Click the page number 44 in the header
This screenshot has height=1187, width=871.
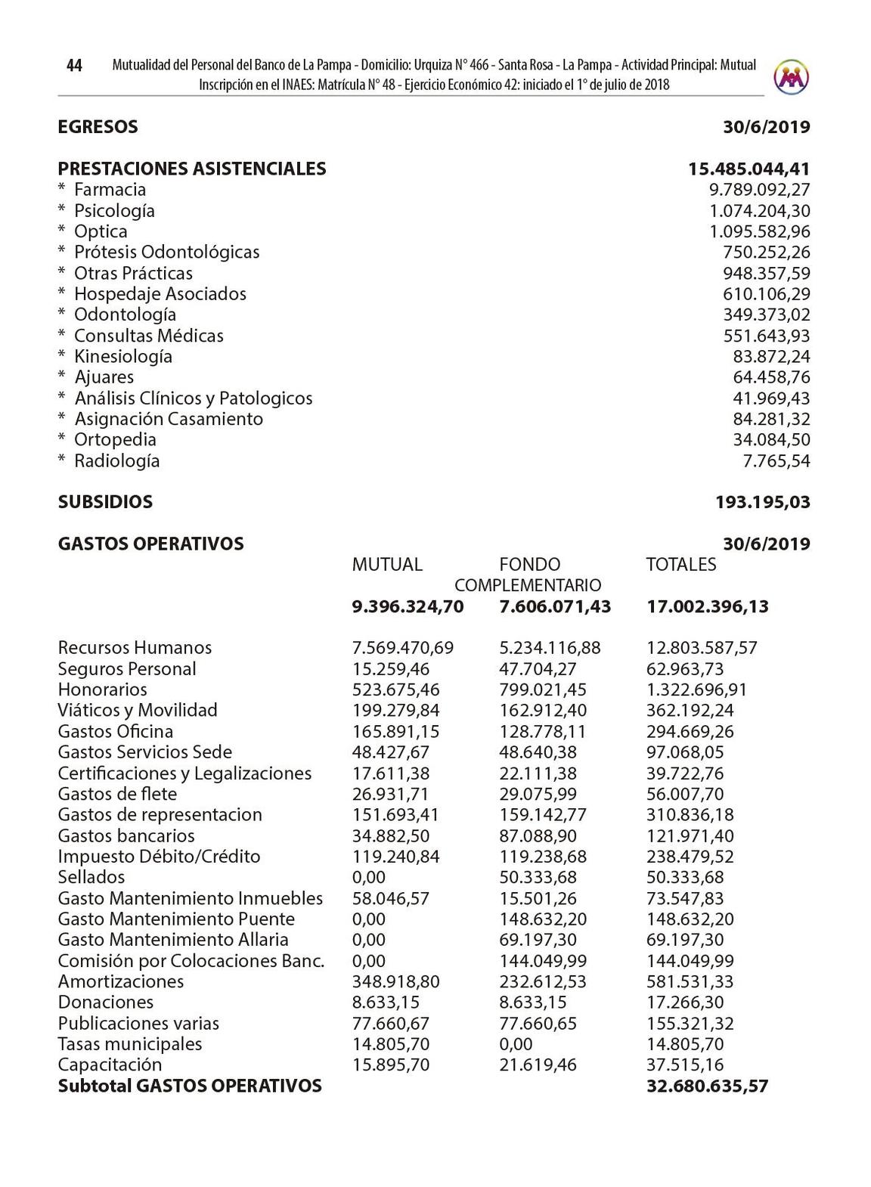(74, 66)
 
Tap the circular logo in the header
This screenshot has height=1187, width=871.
(792, 76)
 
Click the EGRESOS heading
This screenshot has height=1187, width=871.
(98, 127)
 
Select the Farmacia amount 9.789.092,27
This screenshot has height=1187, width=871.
(759, 190)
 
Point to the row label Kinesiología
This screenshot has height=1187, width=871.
(122, 357)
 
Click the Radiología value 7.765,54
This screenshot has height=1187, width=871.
(776, 461)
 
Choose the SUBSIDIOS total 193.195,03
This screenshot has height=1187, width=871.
(762, 502)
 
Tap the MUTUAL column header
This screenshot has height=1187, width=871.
(387, 565)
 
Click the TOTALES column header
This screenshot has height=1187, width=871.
(680, 565)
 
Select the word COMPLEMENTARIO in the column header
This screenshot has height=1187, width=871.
(528, 586)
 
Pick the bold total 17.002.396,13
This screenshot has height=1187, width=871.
(707, 606)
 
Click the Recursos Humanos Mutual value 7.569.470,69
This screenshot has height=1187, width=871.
(403, 648)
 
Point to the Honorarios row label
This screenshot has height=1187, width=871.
(102, 690)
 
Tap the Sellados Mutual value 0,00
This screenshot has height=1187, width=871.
(369, 878)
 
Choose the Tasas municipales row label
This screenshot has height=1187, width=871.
(130, 1044)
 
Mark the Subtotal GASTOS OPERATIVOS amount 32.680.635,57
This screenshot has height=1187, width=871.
(707, 1086)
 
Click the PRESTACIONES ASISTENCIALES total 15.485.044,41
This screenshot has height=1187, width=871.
(749, 169)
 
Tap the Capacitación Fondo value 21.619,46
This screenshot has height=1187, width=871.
(538, 1065)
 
